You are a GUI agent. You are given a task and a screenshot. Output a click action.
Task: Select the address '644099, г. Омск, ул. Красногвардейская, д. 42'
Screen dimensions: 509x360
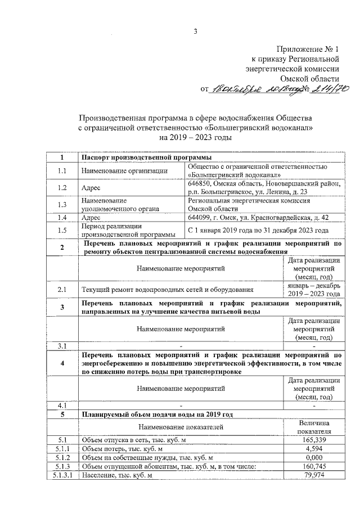258,218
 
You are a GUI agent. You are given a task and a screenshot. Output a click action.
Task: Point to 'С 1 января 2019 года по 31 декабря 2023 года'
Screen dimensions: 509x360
258,231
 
